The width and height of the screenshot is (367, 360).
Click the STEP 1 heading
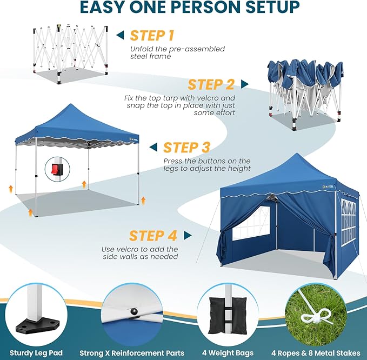tap(152, 36)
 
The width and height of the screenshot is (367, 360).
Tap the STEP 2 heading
tap(211, 85)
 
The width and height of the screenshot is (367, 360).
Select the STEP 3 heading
tap(186, 148)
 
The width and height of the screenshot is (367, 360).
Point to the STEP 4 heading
tap(153, 236)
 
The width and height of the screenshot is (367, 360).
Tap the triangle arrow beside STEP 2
tap(245, 84)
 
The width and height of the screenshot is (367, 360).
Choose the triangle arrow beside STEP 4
tap(188, 236)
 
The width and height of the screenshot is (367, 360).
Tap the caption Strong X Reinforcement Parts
tap(132, 353)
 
